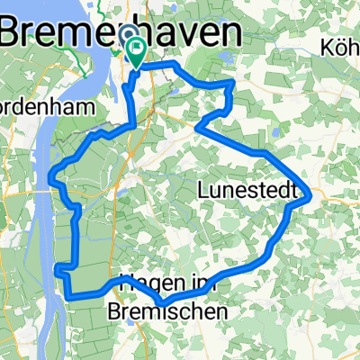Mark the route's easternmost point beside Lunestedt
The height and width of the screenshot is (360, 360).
point(310,193)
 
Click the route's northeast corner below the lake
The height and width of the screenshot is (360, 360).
point(233,82)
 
